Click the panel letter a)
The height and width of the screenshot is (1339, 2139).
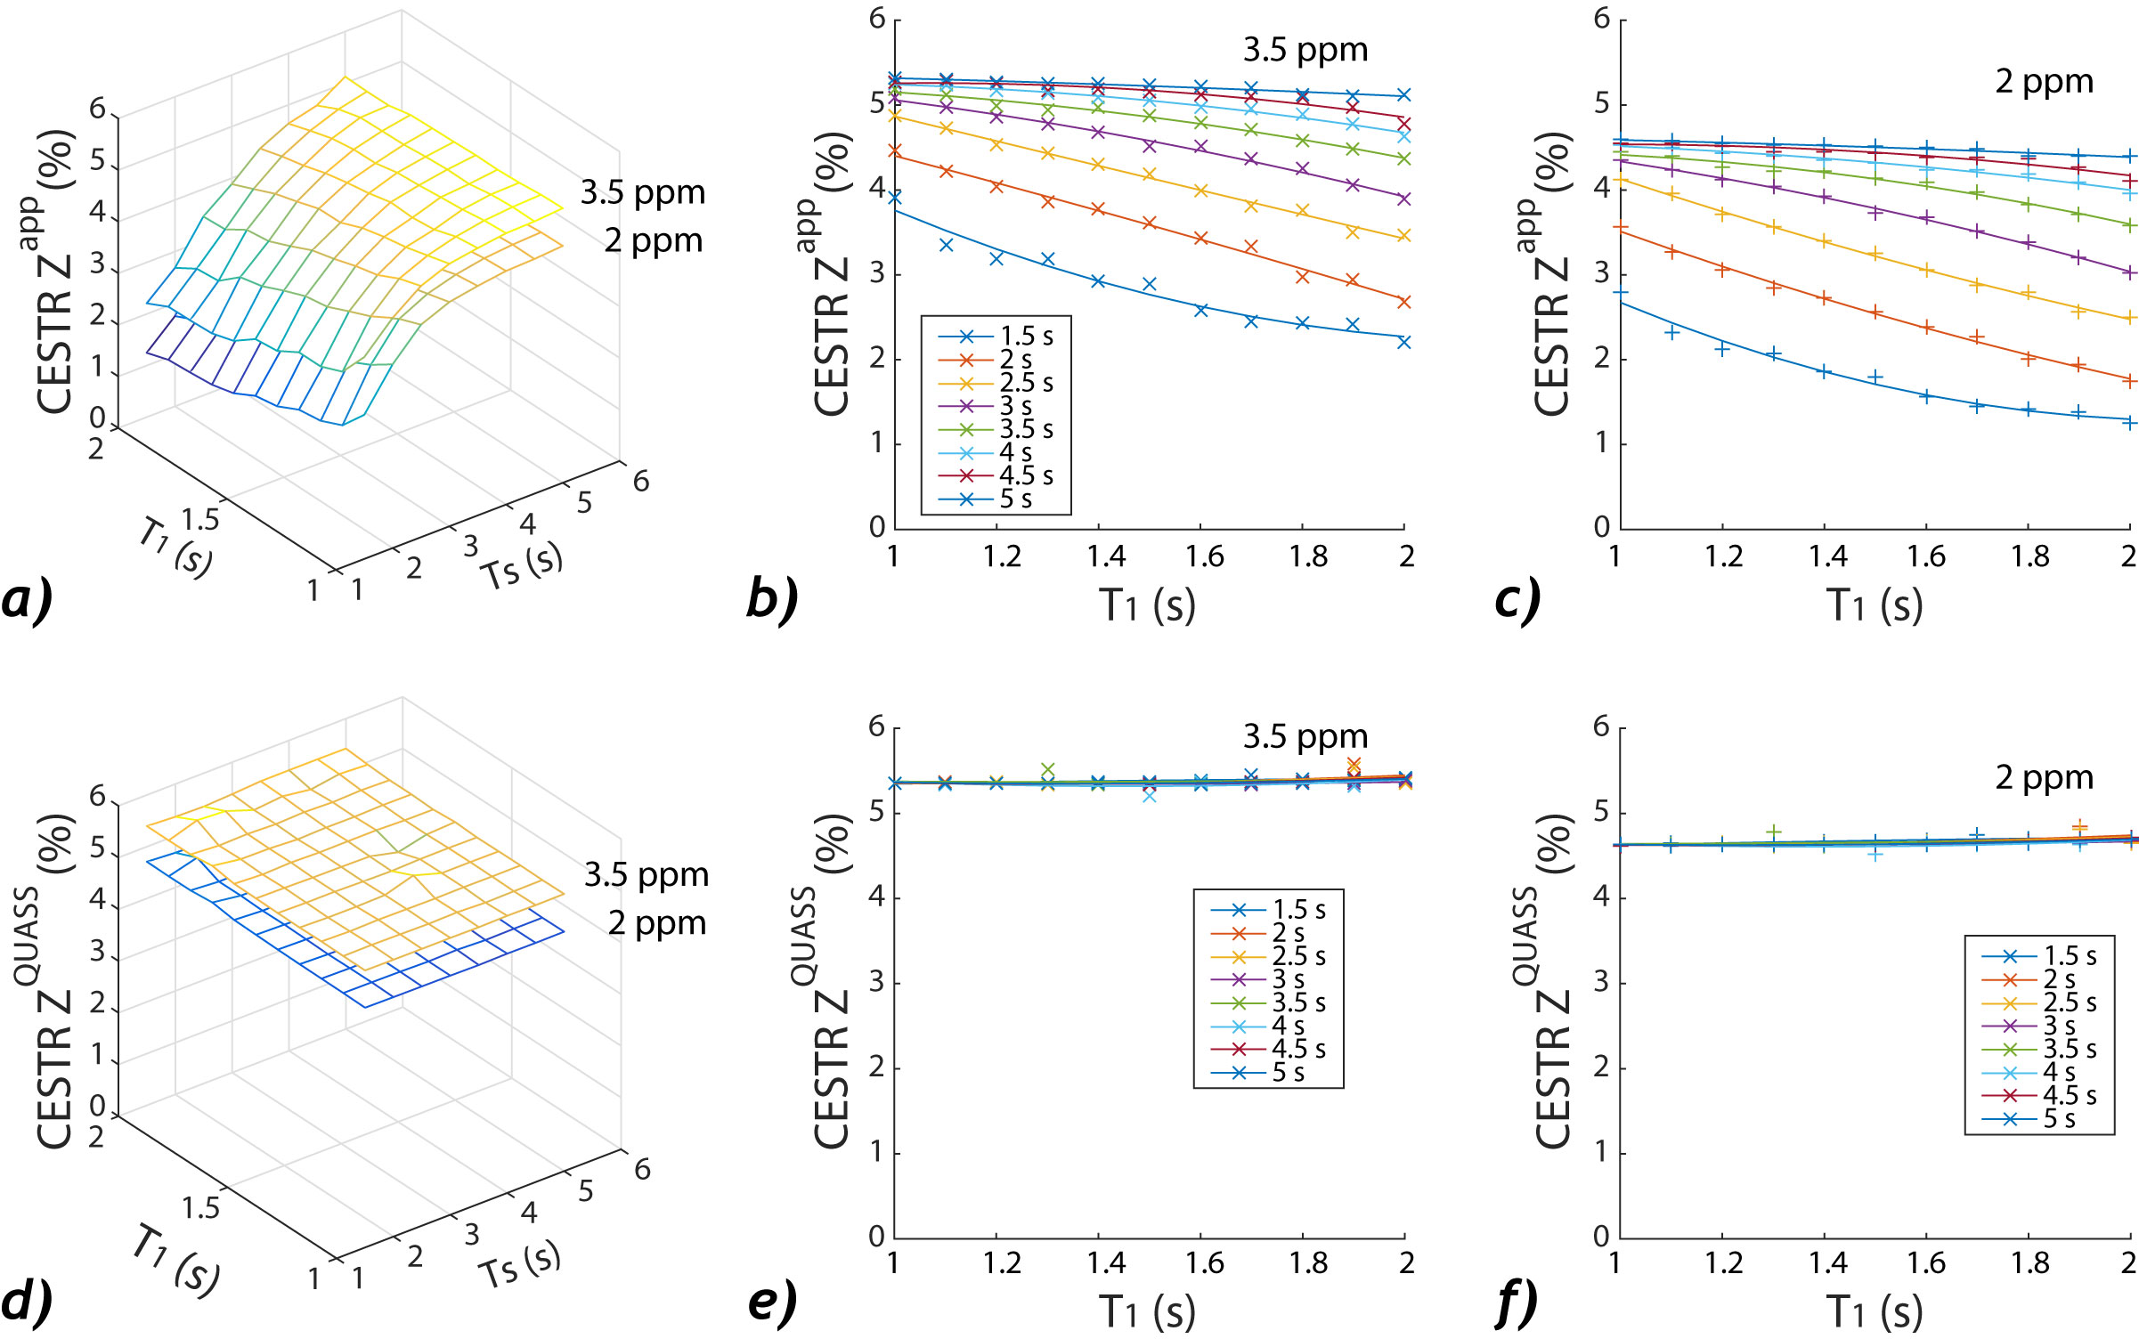pos(27,599)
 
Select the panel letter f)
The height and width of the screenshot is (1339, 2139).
pos(1517,1302)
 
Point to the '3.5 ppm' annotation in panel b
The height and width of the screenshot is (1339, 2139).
pos(1305,51)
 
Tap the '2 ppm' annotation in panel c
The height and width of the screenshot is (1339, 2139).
pos(2043,82)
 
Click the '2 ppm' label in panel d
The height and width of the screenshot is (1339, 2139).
pos(657,923)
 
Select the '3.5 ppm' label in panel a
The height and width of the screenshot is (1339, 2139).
pos(642,192)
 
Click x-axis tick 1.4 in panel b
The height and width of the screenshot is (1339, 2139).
pos(1105,557)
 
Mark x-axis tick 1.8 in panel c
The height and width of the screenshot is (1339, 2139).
pos(2029,557)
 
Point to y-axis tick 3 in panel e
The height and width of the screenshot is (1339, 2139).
pos(877,983)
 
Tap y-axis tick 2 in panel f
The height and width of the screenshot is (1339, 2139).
pos(1601,1067)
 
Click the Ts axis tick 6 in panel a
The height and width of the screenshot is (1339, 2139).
pos(641,482)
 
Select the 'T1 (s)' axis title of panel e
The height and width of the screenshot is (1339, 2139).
pos(1146,1312)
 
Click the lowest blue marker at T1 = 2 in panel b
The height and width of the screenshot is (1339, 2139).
pos(1404,342)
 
